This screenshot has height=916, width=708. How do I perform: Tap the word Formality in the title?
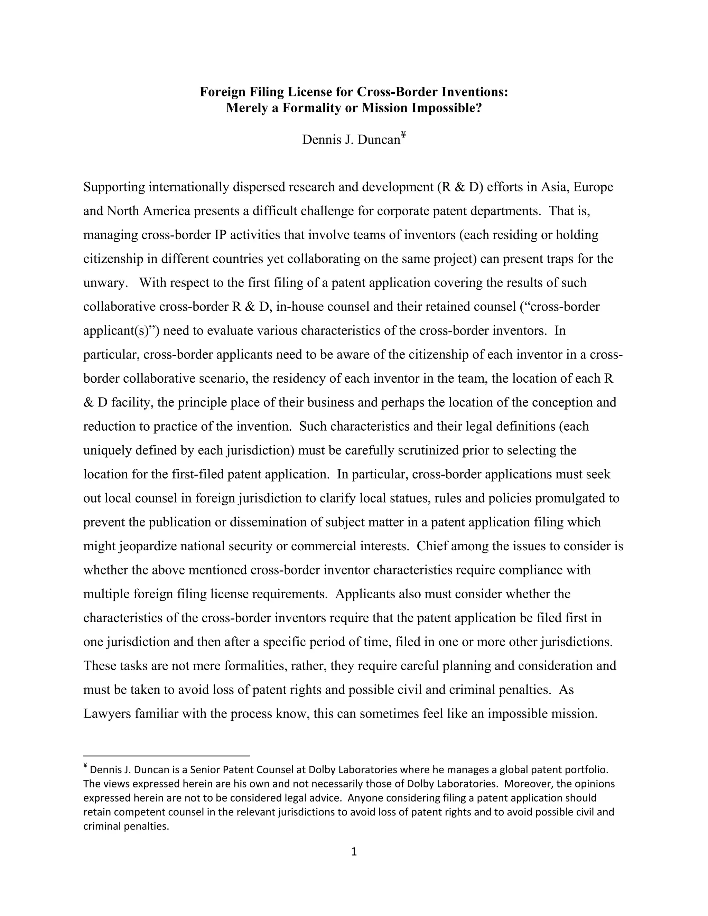coord(310,108)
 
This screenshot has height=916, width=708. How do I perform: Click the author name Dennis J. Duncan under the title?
coord(351,139)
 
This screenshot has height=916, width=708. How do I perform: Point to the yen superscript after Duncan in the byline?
coord(403,134)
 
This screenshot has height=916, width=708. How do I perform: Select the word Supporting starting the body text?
coord(114,187)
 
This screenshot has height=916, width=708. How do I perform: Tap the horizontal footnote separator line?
coord(167,756)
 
